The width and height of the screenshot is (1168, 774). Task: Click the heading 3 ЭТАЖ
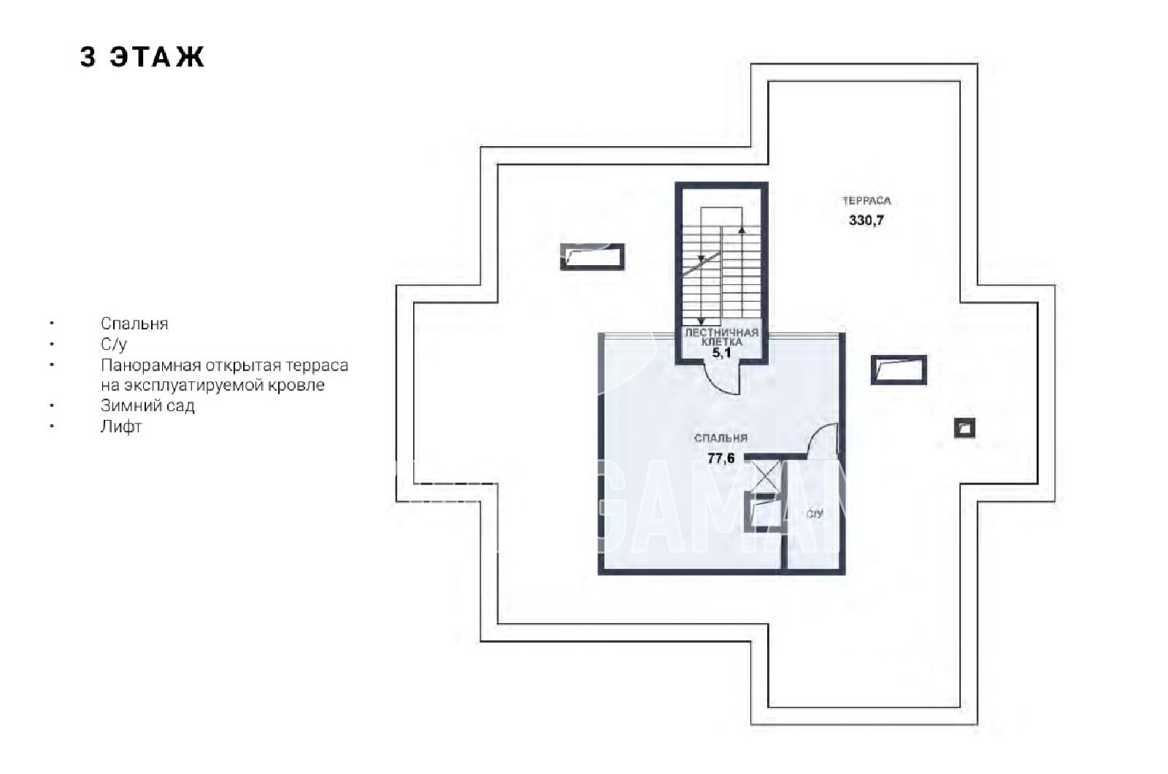click(142, 56)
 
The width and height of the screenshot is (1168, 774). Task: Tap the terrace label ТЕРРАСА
click(867, 200)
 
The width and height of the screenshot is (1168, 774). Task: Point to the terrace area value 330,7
click(867, 220)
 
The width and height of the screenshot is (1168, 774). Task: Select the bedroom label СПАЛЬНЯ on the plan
click(721, 438)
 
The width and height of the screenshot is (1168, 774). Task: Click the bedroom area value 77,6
click(721, 458)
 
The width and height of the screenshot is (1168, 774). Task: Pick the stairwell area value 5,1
click(722, 353)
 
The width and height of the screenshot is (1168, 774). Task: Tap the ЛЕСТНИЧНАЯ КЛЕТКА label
click(722, 337)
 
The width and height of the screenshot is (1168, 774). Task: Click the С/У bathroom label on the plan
click(815, 514)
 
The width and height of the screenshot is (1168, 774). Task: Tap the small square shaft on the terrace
click(964, 429)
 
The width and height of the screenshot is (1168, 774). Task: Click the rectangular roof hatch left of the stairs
click(592, 256)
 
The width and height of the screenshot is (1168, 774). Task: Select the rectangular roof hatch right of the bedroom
click(899, 369)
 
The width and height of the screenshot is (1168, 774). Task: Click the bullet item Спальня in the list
click(134, 324)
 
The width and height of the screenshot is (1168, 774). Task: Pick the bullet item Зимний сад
click(147, 405)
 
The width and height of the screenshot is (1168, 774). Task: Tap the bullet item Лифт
click(121, 426)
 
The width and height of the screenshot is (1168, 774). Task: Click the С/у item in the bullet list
click(114, 344)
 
